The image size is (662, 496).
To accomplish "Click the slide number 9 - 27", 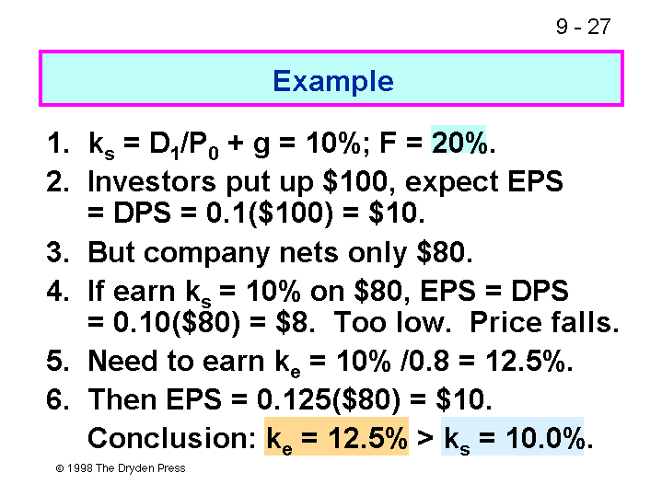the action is coord(583,27).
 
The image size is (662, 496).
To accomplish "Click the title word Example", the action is coord(333,81).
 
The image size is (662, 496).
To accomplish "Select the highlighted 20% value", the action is coord(459,143).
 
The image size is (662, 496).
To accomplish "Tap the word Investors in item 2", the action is coord(152,181).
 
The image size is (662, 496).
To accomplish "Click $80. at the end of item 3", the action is coord(444,252).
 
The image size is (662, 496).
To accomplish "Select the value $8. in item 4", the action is coord(296,322).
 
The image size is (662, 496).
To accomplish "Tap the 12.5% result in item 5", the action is coord(528,362).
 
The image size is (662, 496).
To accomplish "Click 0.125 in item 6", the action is coord(295,398).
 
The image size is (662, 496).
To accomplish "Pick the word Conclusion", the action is coord(171,438).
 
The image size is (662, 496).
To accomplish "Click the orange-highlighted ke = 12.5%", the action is coord(336,437).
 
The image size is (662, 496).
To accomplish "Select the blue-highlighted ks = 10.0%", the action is coord(513,437).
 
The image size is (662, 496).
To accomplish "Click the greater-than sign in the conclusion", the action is coord(425,438).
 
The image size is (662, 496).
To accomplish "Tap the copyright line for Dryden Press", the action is coord(121,468).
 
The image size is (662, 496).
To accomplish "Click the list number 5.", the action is coord(57,362).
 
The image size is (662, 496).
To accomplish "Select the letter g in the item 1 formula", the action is coord(261,145).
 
